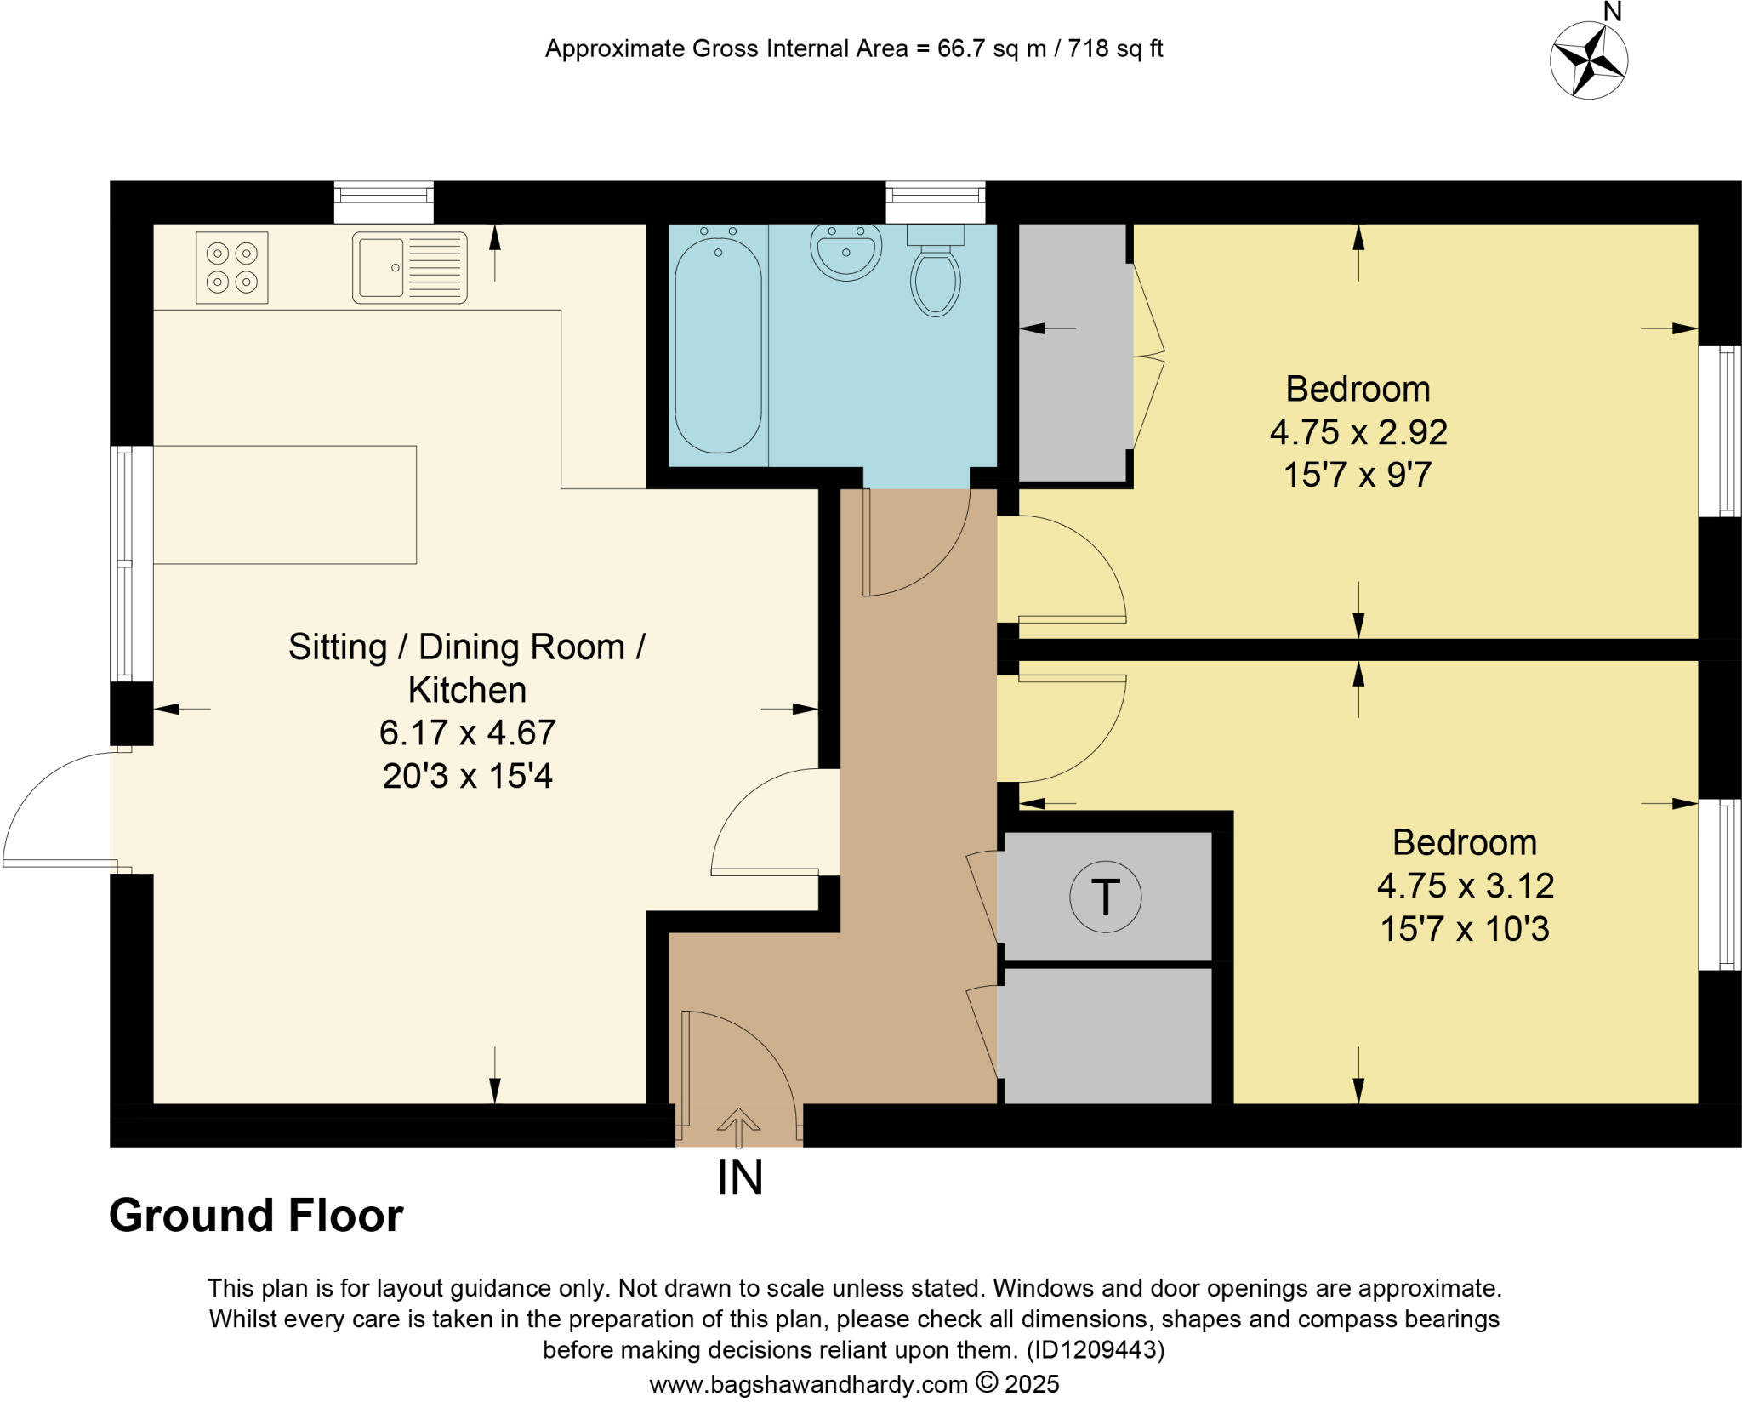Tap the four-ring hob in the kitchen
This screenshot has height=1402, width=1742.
click(232, 267)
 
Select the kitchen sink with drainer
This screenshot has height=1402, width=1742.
click(410, 267)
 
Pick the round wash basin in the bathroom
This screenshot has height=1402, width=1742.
click(845, 252)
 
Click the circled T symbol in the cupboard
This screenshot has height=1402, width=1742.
click(1105, 897)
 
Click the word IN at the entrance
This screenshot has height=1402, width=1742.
click(740, 1178)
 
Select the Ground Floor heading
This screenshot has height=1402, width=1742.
click(256, 1216)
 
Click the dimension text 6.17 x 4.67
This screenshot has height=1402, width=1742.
click(467, 732)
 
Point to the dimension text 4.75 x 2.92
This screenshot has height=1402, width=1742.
click(1358, 432)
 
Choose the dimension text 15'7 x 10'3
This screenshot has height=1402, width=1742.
click(1465, 929)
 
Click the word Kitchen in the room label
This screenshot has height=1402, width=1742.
click(467, 690)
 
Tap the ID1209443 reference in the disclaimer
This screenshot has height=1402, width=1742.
click(1093, 1349)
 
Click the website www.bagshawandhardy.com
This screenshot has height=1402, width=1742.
click(808, 1384)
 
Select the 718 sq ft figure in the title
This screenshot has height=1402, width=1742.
click(1115, 48)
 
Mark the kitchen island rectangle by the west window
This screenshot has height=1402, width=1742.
click(285, 504)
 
